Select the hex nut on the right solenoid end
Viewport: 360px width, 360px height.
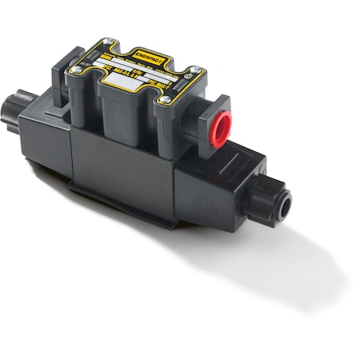tap(272, 198)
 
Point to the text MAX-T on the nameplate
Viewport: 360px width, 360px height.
tap(178, 82)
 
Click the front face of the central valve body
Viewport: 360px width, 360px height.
tap(120, 168)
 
